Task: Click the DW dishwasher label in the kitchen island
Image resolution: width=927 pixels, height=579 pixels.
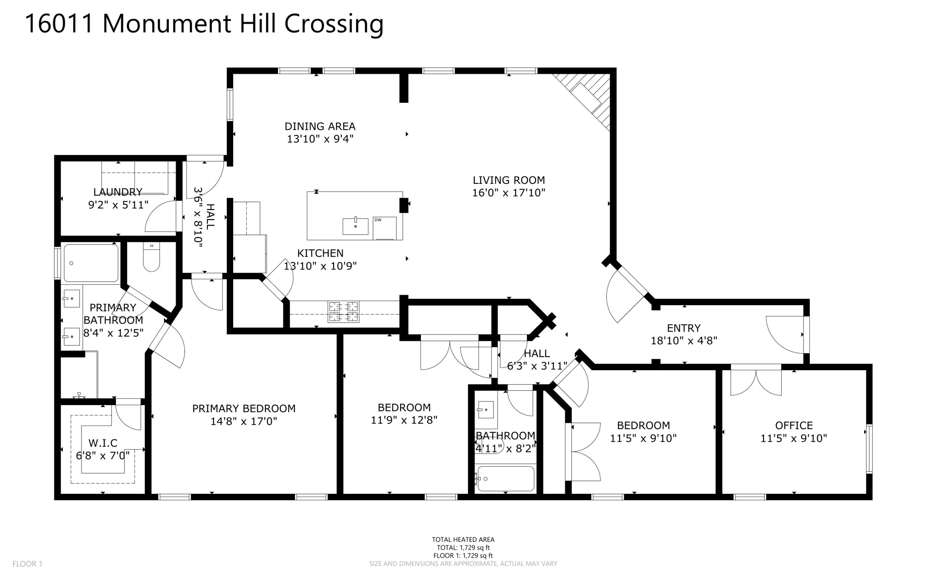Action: [x=378, y=220]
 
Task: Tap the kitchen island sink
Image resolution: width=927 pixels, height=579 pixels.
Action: [x=355, y=226]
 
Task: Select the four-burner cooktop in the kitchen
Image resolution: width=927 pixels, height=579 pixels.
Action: [x=343, y=311]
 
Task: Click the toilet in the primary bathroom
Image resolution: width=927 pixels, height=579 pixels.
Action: [x=151, y=257]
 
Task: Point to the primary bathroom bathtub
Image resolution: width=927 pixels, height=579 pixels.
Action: [x=91, y=263]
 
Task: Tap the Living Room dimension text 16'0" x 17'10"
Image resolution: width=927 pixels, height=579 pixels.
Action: [x=508, y=193]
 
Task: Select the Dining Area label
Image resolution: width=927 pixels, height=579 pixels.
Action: [x=320, y=126]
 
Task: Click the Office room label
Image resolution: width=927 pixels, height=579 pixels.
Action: [x=793, y=426]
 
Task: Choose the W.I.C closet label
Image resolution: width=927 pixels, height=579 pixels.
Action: [x=103, y=443]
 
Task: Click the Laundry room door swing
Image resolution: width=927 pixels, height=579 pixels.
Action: [x=161, y=217]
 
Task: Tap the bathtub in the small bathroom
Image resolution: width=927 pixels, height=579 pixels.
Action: [x=506, y=479]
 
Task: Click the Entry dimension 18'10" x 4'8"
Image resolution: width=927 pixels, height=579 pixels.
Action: [x=683, y=340]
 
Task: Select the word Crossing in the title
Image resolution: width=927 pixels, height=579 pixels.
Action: [x=334, y=24]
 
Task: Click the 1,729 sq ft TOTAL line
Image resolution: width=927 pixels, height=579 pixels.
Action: [x=463, y=547]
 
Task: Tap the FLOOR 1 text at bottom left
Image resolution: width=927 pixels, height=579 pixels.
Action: [x=27, y=564]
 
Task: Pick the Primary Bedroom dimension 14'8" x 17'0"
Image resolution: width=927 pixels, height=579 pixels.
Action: [x=244, y=421]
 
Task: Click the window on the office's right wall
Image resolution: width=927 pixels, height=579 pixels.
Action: [x=869, y=449]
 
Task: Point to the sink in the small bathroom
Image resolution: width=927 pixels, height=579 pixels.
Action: [x=486, y=410]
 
